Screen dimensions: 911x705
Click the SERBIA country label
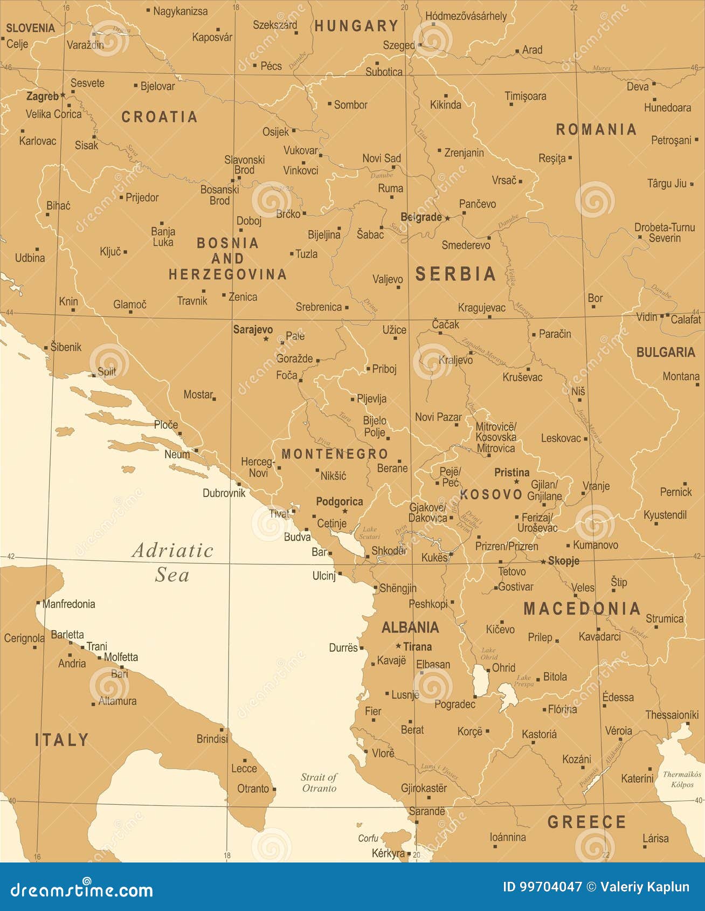coord(455,274)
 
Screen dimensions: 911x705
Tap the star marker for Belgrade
coord(447,218)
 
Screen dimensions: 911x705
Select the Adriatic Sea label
coord(172,562)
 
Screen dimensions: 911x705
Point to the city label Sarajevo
coord(253,329)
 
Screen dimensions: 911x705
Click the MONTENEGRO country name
coord(335,454)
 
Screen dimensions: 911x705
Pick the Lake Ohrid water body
coord(479,680)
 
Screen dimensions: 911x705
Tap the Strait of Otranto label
coord(319,782)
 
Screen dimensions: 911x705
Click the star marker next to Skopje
coord(543,562)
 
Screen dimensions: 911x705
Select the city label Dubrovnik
coord(224,493)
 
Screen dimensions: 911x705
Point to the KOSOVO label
coord(491,494)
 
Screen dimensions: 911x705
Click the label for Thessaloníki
coord(672,715)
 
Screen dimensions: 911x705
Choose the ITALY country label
coord(62,740)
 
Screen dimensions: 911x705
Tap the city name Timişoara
coord(525,96)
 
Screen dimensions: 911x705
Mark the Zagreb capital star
coord(63,95)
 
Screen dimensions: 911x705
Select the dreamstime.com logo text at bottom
coord(81,889)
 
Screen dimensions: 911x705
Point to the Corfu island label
coord(368,838)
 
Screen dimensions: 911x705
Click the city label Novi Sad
coord(381,158)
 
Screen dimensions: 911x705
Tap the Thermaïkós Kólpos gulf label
coord(681,779)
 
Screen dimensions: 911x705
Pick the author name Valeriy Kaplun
coord(645,887)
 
